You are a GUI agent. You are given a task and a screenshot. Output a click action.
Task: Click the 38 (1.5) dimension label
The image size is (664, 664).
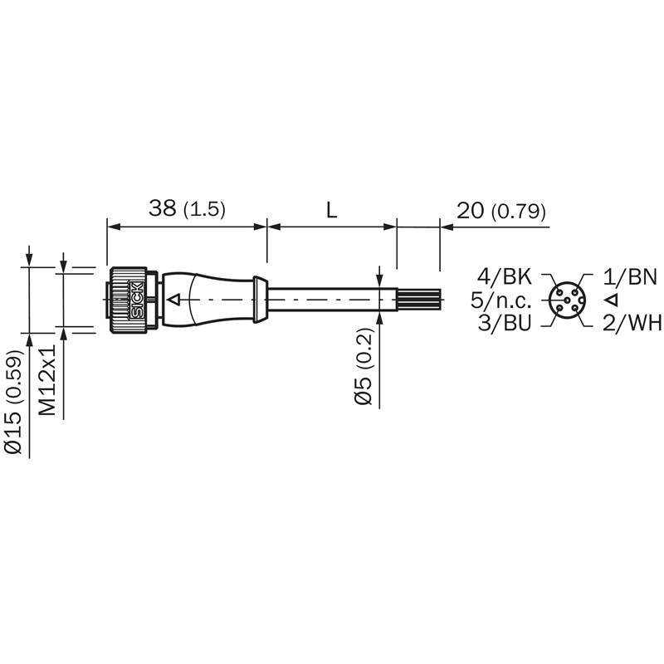(x=187, y=209)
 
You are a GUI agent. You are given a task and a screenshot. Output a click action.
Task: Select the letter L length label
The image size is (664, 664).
(x=331, y=210)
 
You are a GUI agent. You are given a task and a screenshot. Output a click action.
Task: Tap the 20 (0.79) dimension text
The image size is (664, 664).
(x=501, y=211)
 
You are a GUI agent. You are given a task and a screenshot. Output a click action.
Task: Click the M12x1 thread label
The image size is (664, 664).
(x=47, y=379)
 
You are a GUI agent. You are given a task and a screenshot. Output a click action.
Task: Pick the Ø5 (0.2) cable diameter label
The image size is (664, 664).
(x=364, y=367)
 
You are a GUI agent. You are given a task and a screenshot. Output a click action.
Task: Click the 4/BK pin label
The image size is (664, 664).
(x=504, y=276)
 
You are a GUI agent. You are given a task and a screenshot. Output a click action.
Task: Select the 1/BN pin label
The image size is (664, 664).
(x=630, y=276)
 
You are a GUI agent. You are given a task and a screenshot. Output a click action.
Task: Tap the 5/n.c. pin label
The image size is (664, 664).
(x=501, y=300)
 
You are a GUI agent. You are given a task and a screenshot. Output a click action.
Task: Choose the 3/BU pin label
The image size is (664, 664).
(x=505, y=323)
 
